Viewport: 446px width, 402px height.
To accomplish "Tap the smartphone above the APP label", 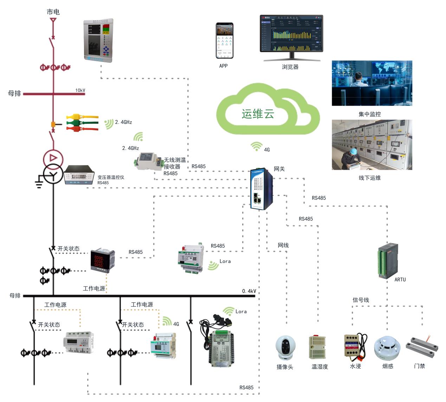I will pos(224,41).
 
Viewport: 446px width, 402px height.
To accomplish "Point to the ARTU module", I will pos(388,260).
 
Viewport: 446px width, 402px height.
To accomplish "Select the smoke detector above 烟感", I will pos(387,348).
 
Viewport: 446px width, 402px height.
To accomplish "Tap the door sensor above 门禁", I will pos(422,345).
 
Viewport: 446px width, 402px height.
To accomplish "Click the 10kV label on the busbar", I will pos(80,90).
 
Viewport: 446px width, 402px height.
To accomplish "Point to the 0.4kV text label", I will pos(249,291).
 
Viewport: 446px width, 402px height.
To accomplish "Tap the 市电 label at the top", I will pos(53,12).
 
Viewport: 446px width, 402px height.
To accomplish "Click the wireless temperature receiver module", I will pos(147,161).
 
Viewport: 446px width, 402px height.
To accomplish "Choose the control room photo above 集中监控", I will pos(372,83).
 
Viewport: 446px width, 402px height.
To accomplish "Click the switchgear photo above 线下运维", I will pos(372,145).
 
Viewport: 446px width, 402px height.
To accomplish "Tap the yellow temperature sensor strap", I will pos(82,117).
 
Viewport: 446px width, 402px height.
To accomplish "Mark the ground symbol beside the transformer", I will pos(39,183).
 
